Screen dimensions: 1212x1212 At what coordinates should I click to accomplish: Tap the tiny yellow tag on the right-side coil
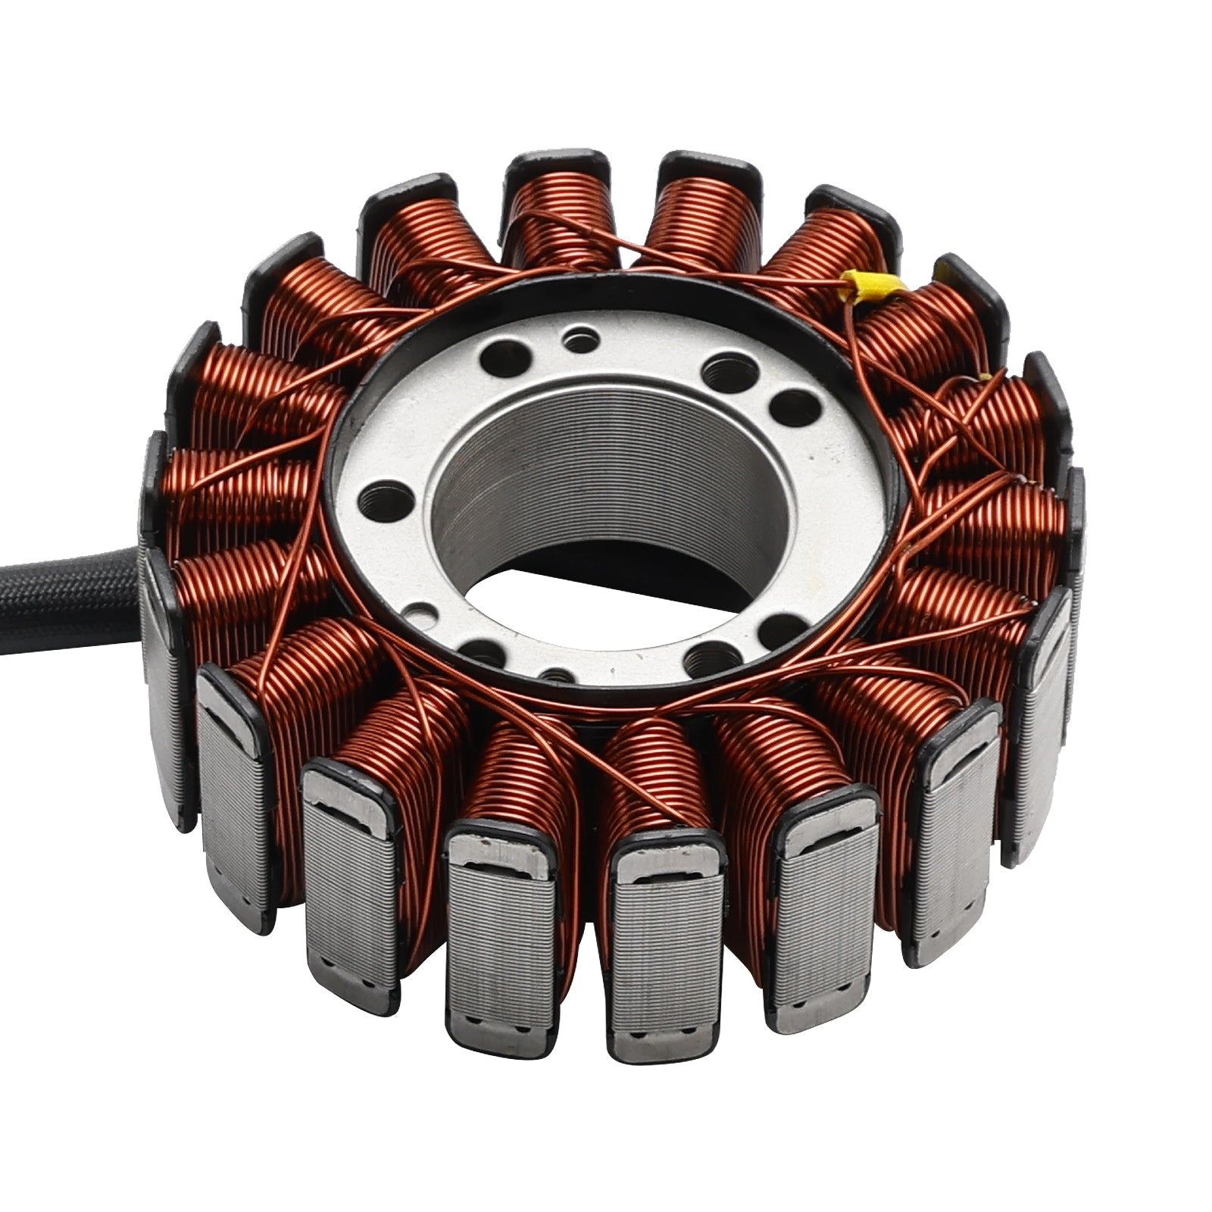point(984,376)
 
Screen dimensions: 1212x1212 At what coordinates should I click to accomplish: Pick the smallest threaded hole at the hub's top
point(582,338)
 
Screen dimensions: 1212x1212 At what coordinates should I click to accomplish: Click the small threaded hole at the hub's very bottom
point(557,674)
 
